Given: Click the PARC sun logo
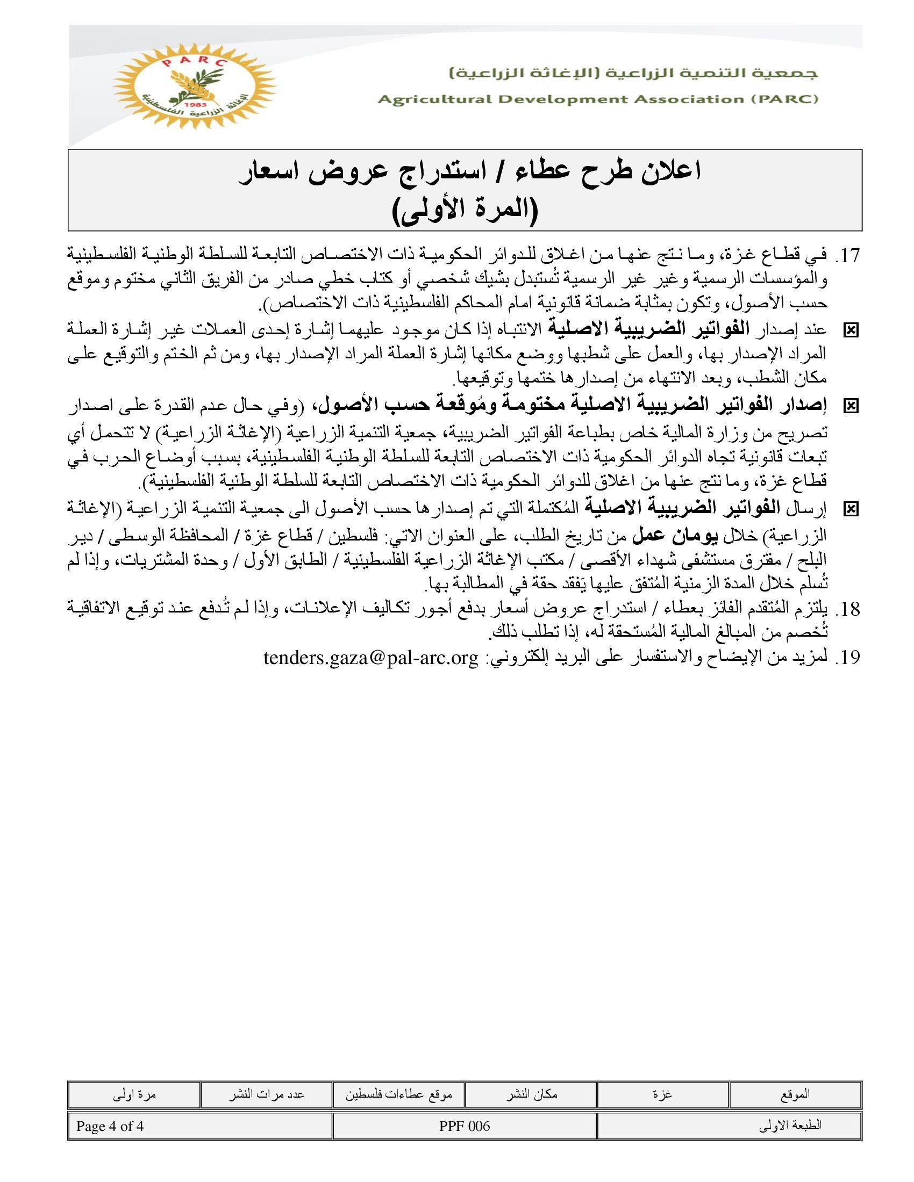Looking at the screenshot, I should point(194,85).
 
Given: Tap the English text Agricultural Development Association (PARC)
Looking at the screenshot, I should point(598,99).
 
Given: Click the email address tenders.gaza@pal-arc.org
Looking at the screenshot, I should point(371,658).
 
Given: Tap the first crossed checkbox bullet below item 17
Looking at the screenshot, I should point(851,330).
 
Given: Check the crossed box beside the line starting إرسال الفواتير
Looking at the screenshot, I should point(851,509).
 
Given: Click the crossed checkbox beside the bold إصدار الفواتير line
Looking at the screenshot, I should point(851,405).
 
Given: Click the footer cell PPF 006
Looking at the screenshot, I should point(465,1126).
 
